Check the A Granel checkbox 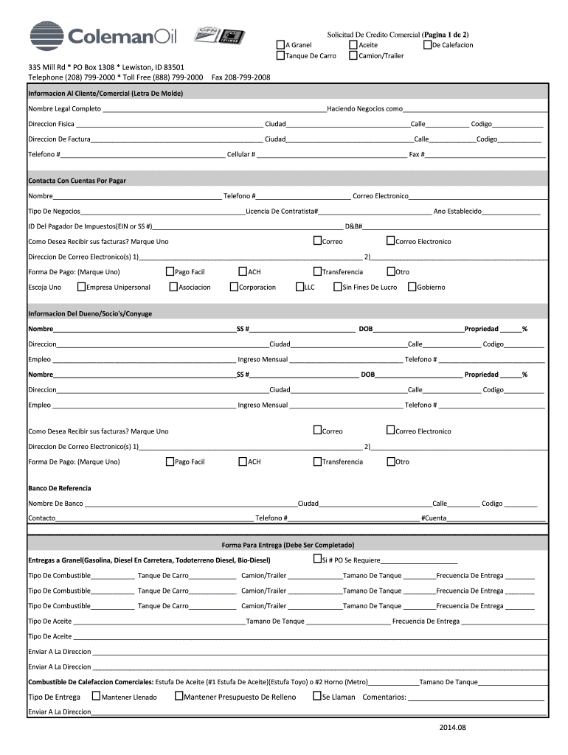[280, 45]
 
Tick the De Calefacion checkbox [427, 45]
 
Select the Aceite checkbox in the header [353, 45]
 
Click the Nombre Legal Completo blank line [214, 109]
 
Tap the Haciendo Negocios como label [365, 109]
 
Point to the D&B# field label [353, 226]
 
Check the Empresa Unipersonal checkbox [81, 287]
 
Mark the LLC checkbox [299, 287]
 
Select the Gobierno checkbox [412, 287]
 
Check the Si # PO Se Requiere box [317, 559]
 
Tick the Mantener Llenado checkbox [96, 696]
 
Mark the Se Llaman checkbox [316, 696]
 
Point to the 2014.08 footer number [452, 728]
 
